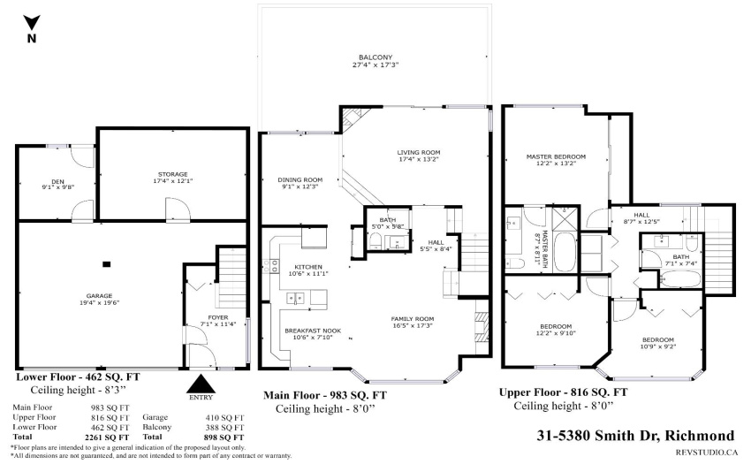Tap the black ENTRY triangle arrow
(201, 384)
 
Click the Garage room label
(99, 296)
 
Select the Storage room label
(173, 174)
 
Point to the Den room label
(58, 182)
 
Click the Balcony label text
(375, 57)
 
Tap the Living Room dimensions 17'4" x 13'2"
(419, 159)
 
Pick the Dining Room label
(300, 179)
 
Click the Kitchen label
(308, 267)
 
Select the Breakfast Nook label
(313, 331)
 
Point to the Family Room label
(413, 319)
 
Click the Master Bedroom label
(556, 156)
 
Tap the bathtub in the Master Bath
(565, 253)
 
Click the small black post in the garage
(107, 264)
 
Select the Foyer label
(218, 317)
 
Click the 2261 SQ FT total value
(106, 437)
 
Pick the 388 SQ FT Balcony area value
(224, 427)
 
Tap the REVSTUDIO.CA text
(707, 452)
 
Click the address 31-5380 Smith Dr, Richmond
(635, 435)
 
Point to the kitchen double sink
(295, 299)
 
